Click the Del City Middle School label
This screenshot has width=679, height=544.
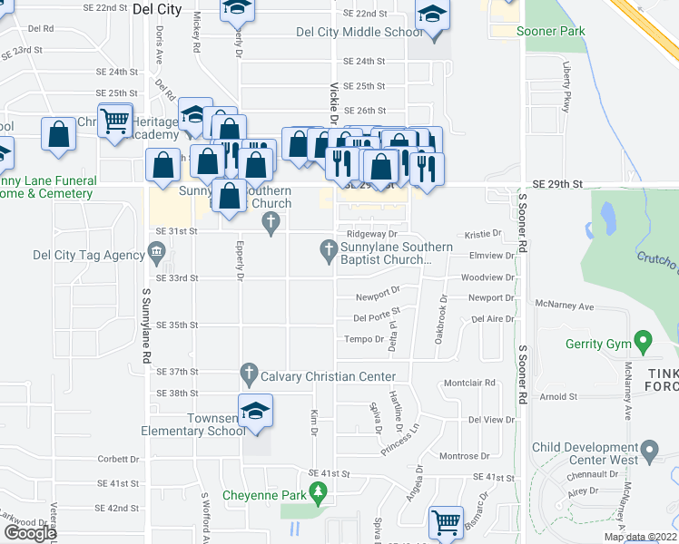point(359,33)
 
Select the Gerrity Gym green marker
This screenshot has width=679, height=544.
point(644,343)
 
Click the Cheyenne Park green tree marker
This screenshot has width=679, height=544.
point(317,492)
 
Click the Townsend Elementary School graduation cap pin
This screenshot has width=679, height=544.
point(255,413)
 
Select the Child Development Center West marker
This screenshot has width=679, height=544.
point(649,450)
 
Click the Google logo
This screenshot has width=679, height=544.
point(30,532)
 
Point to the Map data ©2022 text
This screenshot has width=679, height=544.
point(640,538)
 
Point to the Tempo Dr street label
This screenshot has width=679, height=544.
point(365,339)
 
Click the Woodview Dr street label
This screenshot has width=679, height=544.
point(487,277)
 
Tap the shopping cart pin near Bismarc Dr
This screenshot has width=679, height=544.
point(446,522)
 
